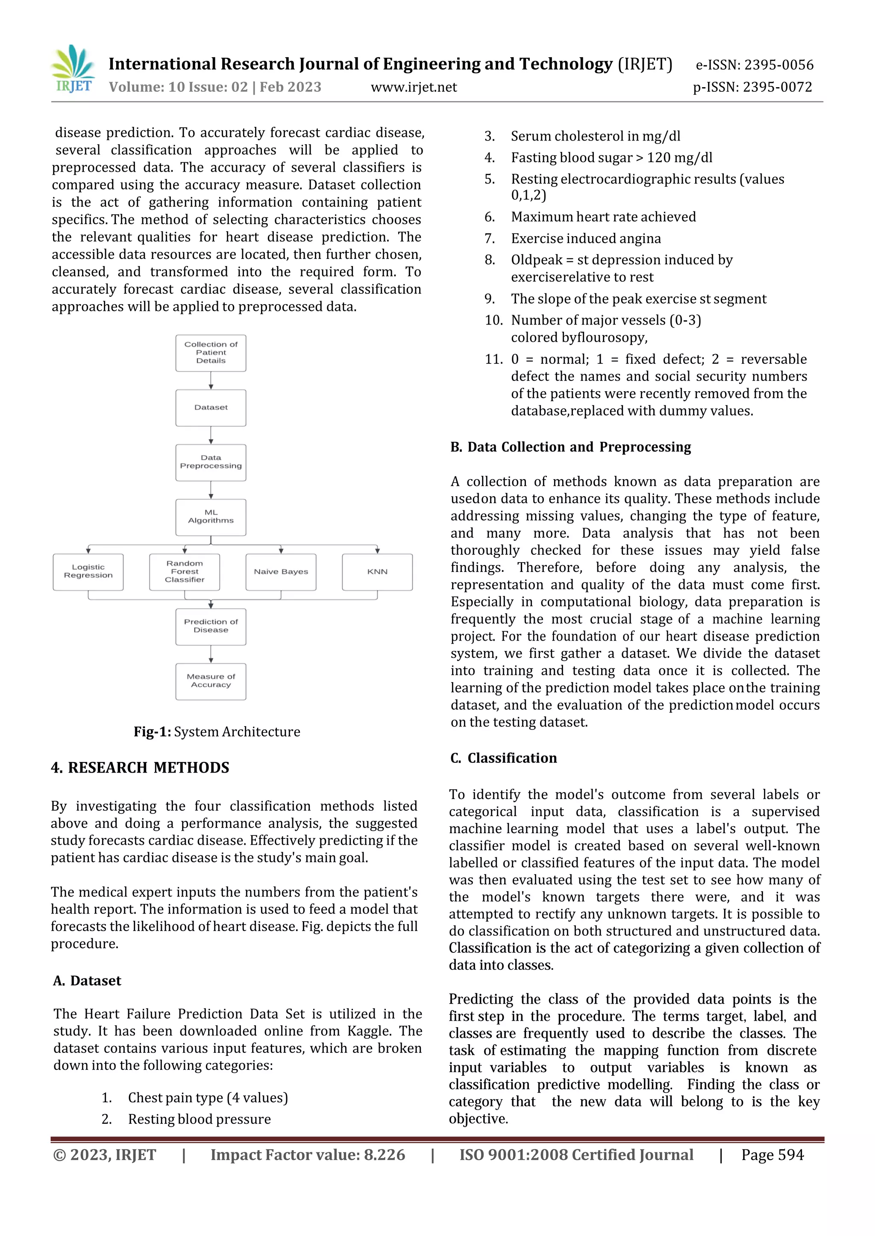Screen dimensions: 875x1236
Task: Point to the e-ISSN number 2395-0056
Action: (x=778, y=65)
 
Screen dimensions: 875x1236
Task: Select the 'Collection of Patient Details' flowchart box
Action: (x=211, y=353)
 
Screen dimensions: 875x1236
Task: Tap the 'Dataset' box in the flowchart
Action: (x=211, y=408)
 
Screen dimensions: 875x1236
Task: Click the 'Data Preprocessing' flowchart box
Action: (x=211, y=462)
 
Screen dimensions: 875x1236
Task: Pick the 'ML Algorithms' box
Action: (x=211, y=517)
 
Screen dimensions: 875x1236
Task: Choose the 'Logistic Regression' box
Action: (x=88, y=571)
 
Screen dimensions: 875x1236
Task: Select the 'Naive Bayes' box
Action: (x=281, y=571)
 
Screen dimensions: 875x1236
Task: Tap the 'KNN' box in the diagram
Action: (x=377, y=571)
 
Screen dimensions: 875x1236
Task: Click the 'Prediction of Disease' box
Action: (x=211, y=627)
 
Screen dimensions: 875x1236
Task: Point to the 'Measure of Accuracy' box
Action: (x=211, y=681)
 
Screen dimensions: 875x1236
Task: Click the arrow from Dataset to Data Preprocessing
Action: (x=211, y=435)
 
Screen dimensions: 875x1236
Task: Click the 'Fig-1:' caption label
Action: (x=153, y=732)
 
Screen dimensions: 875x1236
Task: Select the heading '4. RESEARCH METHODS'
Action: (x=140, y=767)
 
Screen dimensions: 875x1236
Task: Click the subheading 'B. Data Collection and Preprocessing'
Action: (x=570, y=447)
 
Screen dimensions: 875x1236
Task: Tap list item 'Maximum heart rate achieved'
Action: (x=603, y=217)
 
